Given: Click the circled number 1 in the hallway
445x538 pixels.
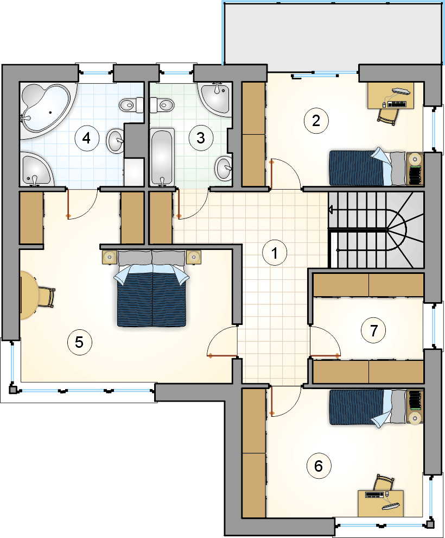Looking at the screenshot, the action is click(275, 253).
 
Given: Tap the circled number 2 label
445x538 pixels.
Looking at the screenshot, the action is click(316, 121).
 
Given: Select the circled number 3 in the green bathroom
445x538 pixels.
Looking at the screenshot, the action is click(201, 138).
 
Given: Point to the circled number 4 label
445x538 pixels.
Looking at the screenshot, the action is click(87, 138).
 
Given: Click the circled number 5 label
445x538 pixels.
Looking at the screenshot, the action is click(79, 342).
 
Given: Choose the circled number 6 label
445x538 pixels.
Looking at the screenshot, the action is click(319, 466).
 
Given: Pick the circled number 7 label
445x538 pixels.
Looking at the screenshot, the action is click(373, 330).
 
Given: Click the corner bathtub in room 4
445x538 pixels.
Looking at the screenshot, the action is click(46, 110).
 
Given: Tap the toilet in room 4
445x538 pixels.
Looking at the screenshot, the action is click(131, 105).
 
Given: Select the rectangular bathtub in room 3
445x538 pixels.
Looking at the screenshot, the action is click(162, 157).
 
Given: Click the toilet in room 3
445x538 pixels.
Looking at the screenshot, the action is click(162, 104).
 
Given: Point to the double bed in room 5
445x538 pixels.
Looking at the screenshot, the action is click(152, 288).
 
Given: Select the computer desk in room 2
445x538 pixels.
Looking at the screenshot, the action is click(391, 96).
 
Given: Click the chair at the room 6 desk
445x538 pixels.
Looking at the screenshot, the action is click(384, 483).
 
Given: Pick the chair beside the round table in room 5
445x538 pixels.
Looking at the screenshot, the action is click(47, 297).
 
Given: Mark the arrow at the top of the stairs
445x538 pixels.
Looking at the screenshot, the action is click(331, 209).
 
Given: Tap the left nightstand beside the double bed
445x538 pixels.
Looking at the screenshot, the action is click(110, 257).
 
